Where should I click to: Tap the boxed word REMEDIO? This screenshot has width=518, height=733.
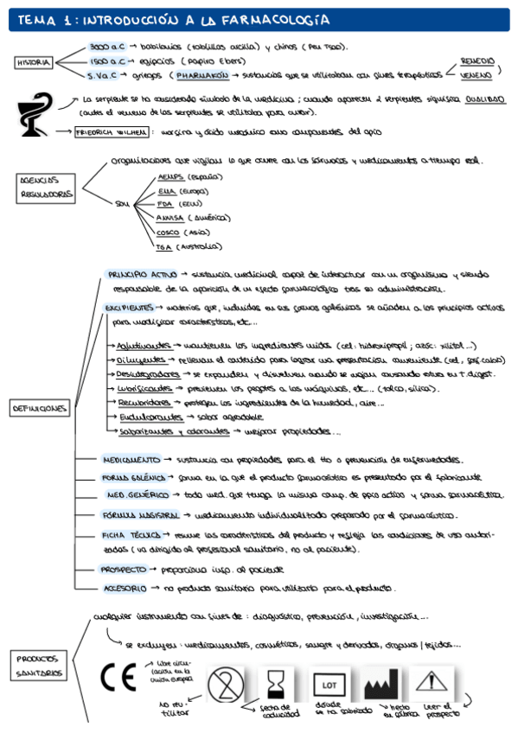(x=477, y=61)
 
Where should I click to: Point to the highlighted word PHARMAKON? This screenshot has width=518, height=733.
(x=201, y=75)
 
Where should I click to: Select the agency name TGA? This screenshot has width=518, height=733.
(x=164, y=247)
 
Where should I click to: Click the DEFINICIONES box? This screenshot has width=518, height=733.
(x=40, y=407)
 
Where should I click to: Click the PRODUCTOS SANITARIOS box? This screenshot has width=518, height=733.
(x=40, y=665)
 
